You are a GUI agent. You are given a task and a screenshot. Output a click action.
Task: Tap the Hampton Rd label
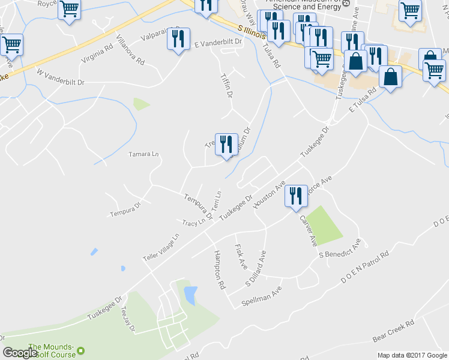coord(219,268)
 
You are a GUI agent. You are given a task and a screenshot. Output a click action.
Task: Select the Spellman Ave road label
coord(262,297)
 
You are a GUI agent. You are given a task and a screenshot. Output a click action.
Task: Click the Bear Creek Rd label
coord(393,331)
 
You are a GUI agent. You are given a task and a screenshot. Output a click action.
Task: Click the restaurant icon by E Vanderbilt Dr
coord(178,40)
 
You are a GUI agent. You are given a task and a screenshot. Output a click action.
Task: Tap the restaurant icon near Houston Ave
coord(295,196)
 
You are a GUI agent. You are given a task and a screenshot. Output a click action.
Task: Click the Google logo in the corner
coord(20,353)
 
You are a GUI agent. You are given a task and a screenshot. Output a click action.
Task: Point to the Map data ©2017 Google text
coord(411,355)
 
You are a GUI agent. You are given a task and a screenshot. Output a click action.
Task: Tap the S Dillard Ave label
coord(255,268)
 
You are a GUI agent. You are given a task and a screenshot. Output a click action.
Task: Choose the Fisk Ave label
coord(241,255)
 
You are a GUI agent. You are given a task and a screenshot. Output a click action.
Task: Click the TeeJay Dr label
coord(129,319)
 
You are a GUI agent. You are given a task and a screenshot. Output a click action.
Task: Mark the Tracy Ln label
coord(194,222)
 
